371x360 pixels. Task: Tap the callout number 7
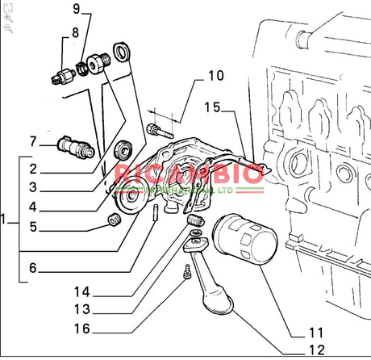click(33, 142)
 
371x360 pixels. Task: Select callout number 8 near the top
click(75, 33)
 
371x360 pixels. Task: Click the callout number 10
click(215, 77)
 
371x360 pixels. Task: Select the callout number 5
click(33, 226)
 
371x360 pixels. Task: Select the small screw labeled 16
click(187, 277)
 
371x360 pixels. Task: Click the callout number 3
click(33, 187)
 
